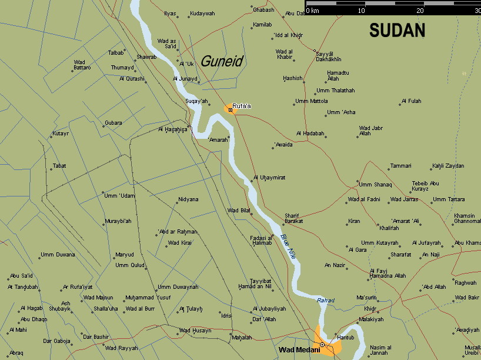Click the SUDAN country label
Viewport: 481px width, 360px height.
397,31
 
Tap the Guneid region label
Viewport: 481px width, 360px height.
222,61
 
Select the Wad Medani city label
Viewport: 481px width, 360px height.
295,350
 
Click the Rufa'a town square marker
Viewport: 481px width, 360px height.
230,109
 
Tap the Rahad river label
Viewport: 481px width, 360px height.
325,301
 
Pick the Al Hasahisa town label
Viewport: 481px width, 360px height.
172,129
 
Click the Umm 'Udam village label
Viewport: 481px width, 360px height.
120,195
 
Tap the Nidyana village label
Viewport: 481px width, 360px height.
188,199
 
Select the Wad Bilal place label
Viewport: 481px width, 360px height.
239,210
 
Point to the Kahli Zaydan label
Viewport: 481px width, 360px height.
447,166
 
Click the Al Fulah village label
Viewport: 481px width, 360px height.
412,101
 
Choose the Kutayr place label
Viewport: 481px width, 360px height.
61,134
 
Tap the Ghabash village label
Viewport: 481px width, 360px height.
263,10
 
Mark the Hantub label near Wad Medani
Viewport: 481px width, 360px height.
345,337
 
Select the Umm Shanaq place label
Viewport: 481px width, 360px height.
375,185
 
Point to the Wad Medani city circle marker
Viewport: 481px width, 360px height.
322,345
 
